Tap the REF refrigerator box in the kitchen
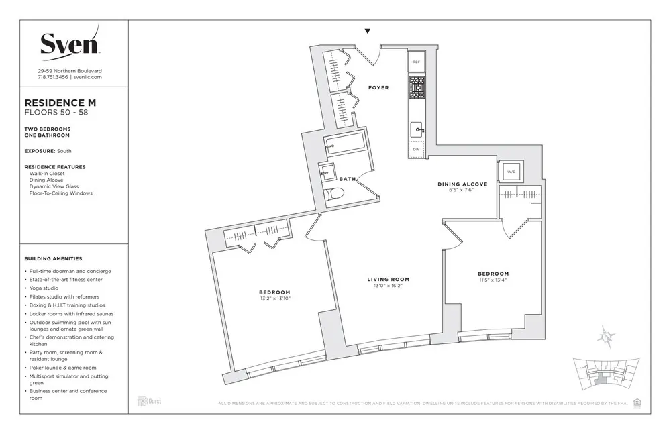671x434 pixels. tap(416, 61)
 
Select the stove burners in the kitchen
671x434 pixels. tap(416, 88)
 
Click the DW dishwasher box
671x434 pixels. tap(416, 150)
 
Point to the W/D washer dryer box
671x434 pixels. tap(511, 172)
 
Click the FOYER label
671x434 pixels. tap(378, 88)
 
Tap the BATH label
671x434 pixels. tap(347, 179)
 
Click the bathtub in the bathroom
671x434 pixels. tap(345, 145)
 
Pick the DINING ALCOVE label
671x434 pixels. tap(462, 184)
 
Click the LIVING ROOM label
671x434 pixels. tap(388, 279)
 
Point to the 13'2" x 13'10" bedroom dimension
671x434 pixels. tap(274, 299)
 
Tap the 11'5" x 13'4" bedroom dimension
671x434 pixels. tap(493, 280)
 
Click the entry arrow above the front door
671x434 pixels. tap(367, 31)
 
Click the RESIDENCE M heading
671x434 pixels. tap(60, 103)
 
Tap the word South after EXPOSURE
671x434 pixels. tap(64, 152)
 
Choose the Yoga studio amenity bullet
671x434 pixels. tap(44, 288)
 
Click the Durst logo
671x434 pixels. tap(149, 401)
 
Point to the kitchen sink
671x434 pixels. tap(416, 129)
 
